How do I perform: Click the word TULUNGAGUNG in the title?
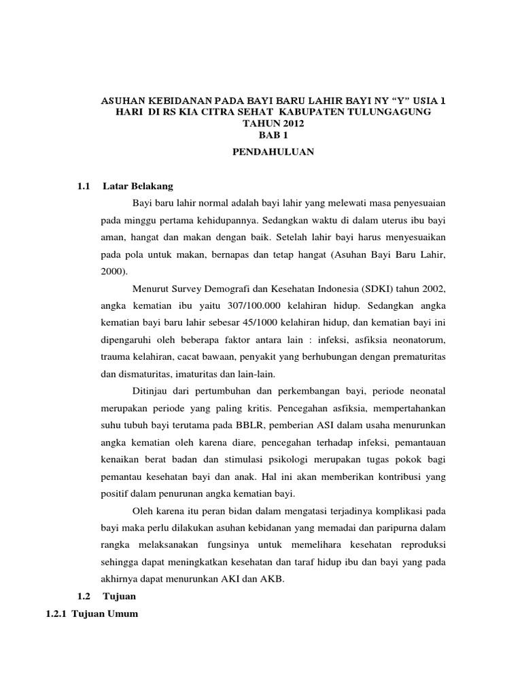pyautogui.click(x=389, y=111)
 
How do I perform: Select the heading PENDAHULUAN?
pyautogui.click(x=273, y=152)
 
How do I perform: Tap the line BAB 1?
pyautogui.click(x=273, y=134)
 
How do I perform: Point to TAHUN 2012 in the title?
pyautogui.click(x=273, y=123)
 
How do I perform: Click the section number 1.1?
pyautogui.click(x=84, y=186)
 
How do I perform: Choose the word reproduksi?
pyautogui.click(x=421, y=545)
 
